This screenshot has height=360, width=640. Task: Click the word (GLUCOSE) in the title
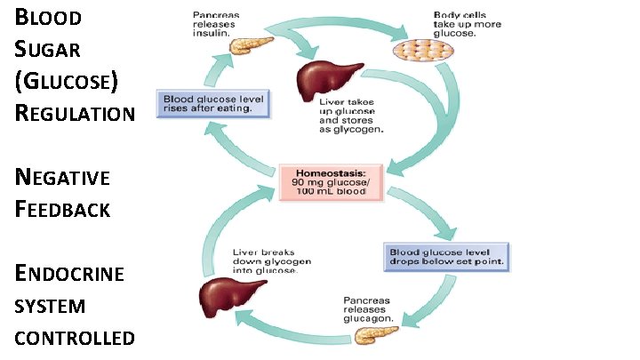tap(66, 81)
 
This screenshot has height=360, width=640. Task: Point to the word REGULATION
tap(76, 113)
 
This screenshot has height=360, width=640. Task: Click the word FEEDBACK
tap(62, 209)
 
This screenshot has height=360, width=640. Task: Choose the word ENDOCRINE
tap(68, 273)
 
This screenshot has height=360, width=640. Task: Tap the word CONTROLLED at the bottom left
tap(75, 338)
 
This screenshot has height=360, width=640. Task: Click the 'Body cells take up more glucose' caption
tap(460, 21)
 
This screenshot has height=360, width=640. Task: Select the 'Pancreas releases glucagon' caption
tap(372, 308)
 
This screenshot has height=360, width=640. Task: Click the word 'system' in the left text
tap(51, 306)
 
